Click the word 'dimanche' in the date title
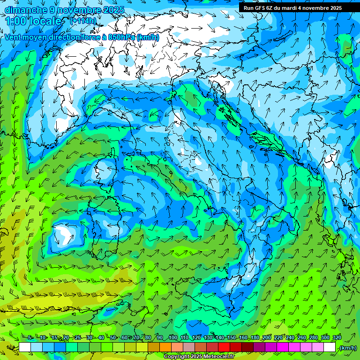point(24,10)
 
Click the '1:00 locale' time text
point(35,21)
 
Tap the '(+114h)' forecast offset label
point(83,21)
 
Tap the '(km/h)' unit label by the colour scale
point(348,348)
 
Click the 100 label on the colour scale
point(172,338)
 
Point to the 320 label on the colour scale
point(337,338)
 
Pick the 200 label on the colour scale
point(266,338)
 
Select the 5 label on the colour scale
point(30,338)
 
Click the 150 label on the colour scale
point(231,338)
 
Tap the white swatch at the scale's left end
point(25,347)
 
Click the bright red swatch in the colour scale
point(224,347)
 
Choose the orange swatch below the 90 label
point(165,347)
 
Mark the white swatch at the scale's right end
point(330,347)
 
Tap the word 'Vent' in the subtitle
point(14,37)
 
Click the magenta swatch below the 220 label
point(283,347)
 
